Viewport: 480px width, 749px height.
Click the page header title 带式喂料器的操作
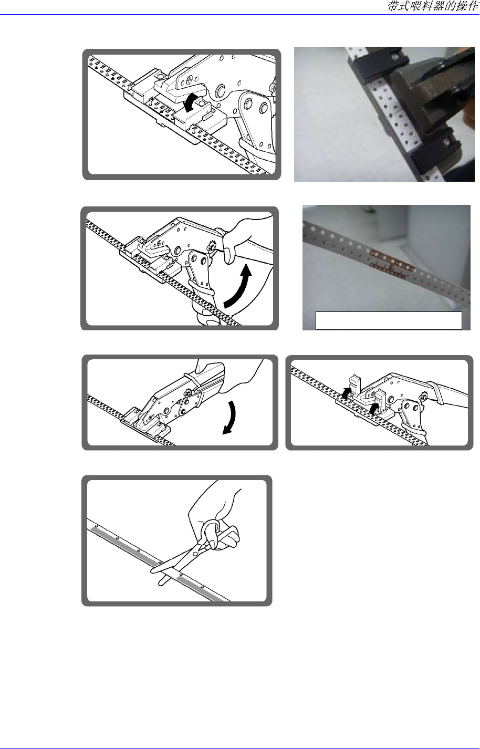pos(433,6)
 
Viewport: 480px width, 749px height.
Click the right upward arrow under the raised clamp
pos(375,408)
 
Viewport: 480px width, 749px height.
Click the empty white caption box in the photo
pos(389,321)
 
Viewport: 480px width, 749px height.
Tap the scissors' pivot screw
pos(195,545)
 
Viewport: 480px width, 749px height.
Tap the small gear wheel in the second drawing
pos(211,247)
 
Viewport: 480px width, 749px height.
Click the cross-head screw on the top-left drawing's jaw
pos(190,80)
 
